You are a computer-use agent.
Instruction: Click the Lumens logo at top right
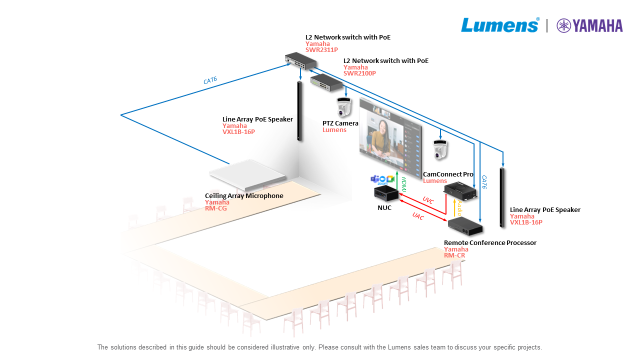tap(499, 25)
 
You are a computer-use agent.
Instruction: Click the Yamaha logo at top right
tap(590, 25)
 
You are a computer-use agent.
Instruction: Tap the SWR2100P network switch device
tap(325, 82)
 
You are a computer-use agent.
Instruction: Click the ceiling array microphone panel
tap(248, 173)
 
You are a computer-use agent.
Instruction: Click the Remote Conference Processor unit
tap(465, 226)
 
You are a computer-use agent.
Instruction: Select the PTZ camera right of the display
tap(440, 149)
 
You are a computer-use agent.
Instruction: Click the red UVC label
tap(428, 200)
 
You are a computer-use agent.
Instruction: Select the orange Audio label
tap(459, 206)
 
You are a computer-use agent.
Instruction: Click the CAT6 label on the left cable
tap(210, 80)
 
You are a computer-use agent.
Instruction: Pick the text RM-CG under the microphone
tap(216, 208)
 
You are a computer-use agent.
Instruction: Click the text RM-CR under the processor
tap(454, 255)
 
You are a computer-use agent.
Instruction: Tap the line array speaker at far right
tap(502, 197)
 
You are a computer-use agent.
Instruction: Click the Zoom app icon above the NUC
tap(382, 179)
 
